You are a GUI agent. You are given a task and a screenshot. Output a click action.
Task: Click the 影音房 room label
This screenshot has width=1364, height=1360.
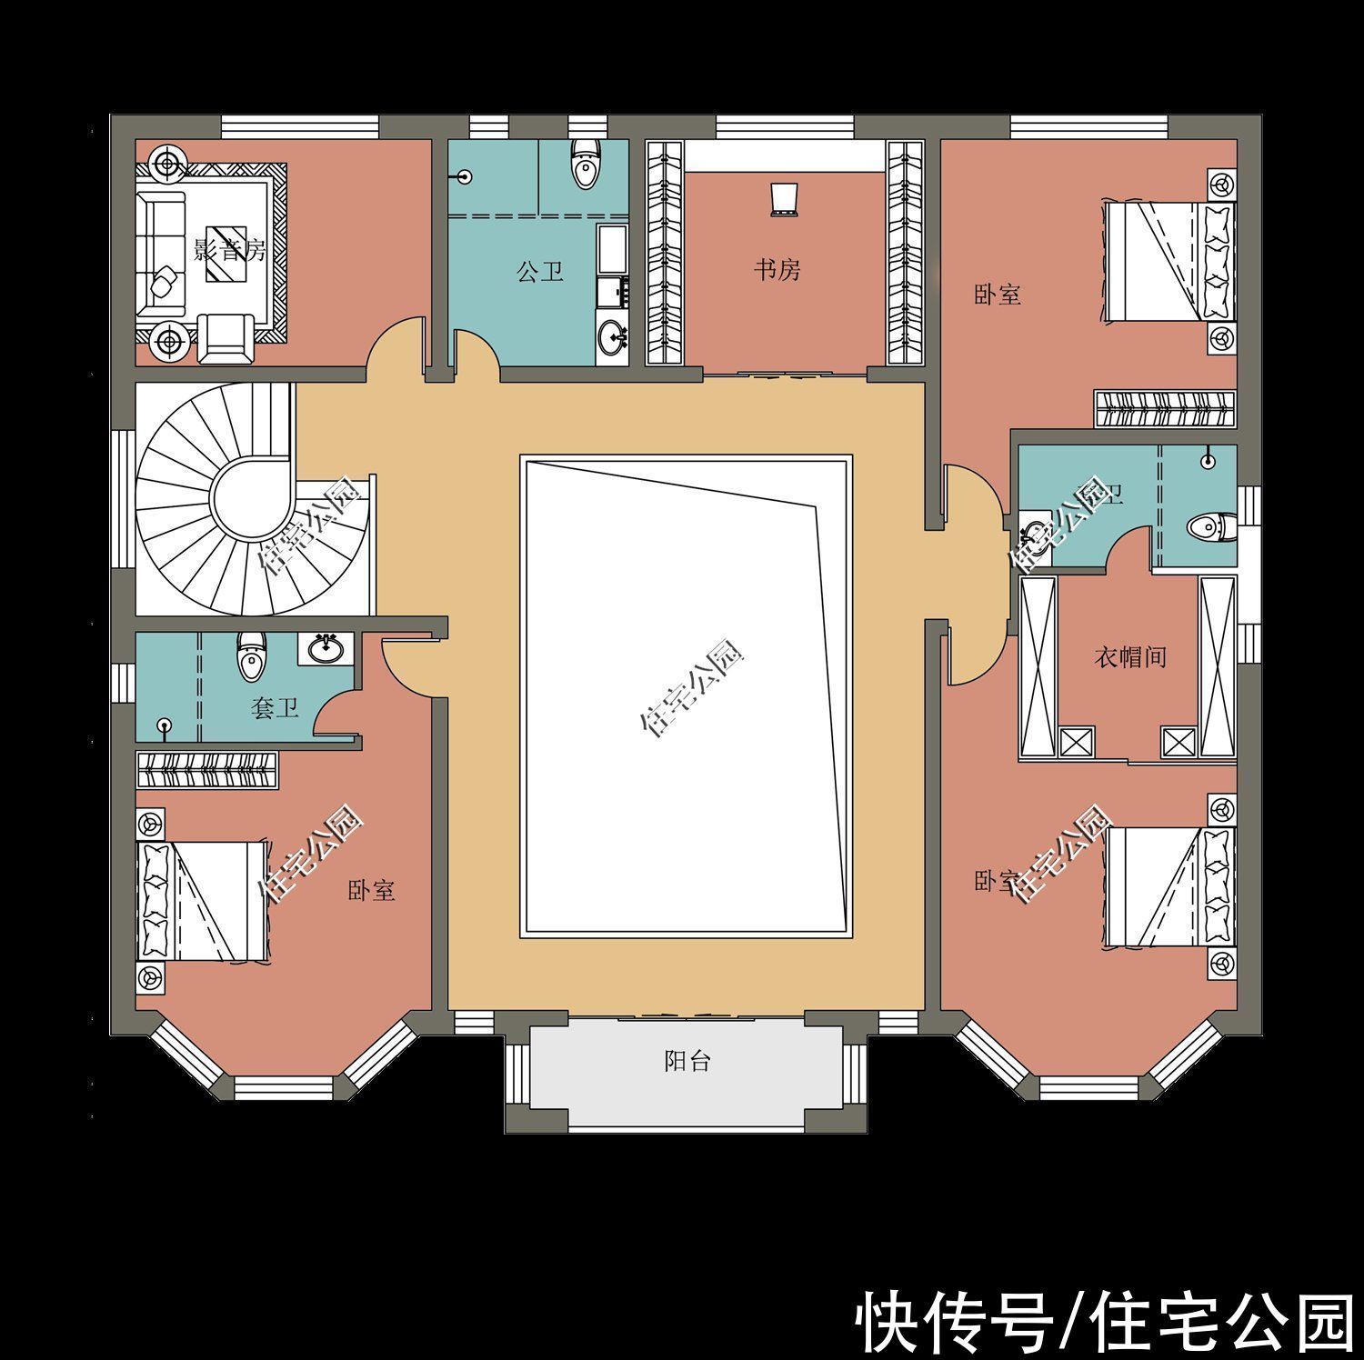tap(230, 249)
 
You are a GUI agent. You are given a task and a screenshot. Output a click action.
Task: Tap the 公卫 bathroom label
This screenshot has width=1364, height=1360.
tap(540, 271)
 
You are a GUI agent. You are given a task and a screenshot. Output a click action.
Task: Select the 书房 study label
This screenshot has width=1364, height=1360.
tap(777, 269)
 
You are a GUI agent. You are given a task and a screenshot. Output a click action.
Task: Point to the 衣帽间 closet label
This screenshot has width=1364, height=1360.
tap(1129, 656)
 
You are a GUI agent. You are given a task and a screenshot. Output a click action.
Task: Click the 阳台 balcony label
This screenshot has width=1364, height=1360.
tap(687, 1061)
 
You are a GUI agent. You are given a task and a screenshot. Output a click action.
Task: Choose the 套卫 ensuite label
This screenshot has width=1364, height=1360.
tap(275, 707)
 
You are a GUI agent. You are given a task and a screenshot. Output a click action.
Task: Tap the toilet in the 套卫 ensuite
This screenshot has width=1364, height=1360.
tap(251, 656)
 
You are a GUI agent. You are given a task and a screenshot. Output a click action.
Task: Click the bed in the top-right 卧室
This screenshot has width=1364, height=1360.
tap(1168, 261)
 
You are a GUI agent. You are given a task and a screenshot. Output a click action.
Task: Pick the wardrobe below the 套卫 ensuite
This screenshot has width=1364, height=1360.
tap(207, 770)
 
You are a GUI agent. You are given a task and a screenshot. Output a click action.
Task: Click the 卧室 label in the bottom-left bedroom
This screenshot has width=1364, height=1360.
tap(371, 889)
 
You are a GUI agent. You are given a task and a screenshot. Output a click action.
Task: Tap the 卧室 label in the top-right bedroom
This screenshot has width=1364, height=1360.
tap(998, 295)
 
